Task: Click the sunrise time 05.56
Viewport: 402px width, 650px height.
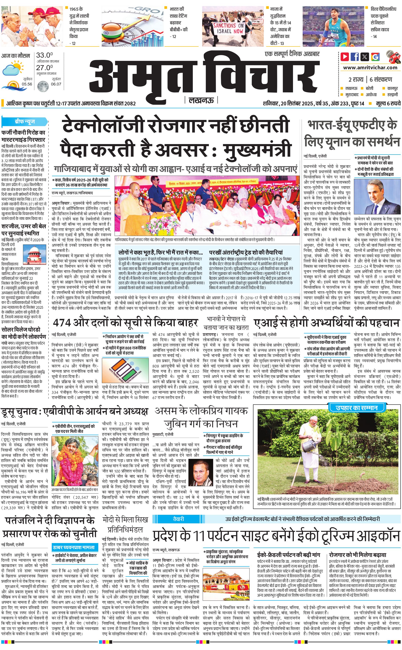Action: click(27, 84)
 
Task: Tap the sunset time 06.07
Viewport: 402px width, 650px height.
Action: click(56, 84)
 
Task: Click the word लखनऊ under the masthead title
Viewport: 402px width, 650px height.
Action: click(201, 100)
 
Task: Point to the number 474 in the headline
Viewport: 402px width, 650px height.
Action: click(62, 323)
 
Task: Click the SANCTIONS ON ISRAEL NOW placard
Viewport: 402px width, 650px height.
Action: click(228, 28)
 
